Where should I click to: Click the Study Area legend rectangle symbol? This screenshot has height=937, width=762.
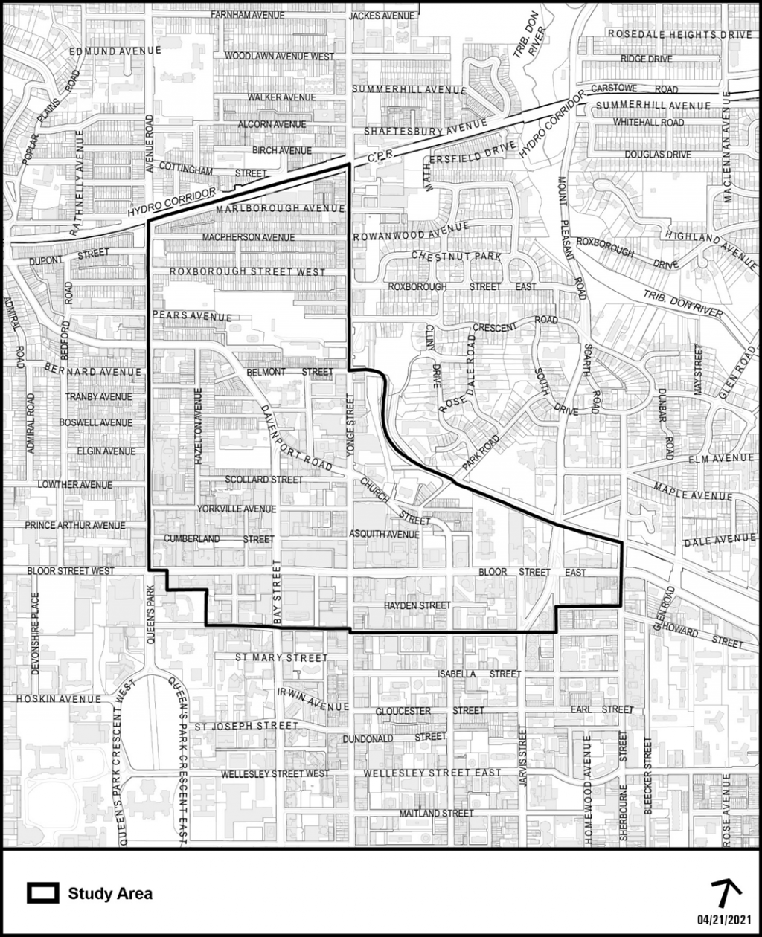(x=43, y=893)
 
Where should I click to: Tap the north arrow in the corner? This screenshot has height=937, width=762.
(x=727, y=890)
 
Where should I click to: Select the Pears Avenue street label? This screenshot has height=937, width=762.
(x=192, y=317)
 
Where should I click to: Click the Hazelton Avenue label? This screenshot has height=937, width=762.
(x=198, y=426)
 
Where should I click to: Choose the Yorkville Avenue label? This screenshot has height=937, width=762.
(x=237, y=509)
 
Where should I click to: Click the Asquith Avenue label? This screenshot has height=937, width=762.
(x=385, y=534)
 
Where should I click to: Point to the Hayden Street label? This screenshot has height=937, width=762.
(x=417, y=605)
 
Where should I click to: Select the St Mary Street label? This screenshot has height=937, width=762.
(x=281, y=657)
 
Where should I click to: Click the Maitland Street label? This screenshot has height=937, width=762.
(x=436, y=813)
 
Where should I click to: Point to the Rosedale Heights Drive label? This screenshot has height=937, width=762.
(x=680, y=33)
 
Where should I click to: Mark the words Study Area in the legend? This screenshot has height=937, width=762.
(x=110, y=893)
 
